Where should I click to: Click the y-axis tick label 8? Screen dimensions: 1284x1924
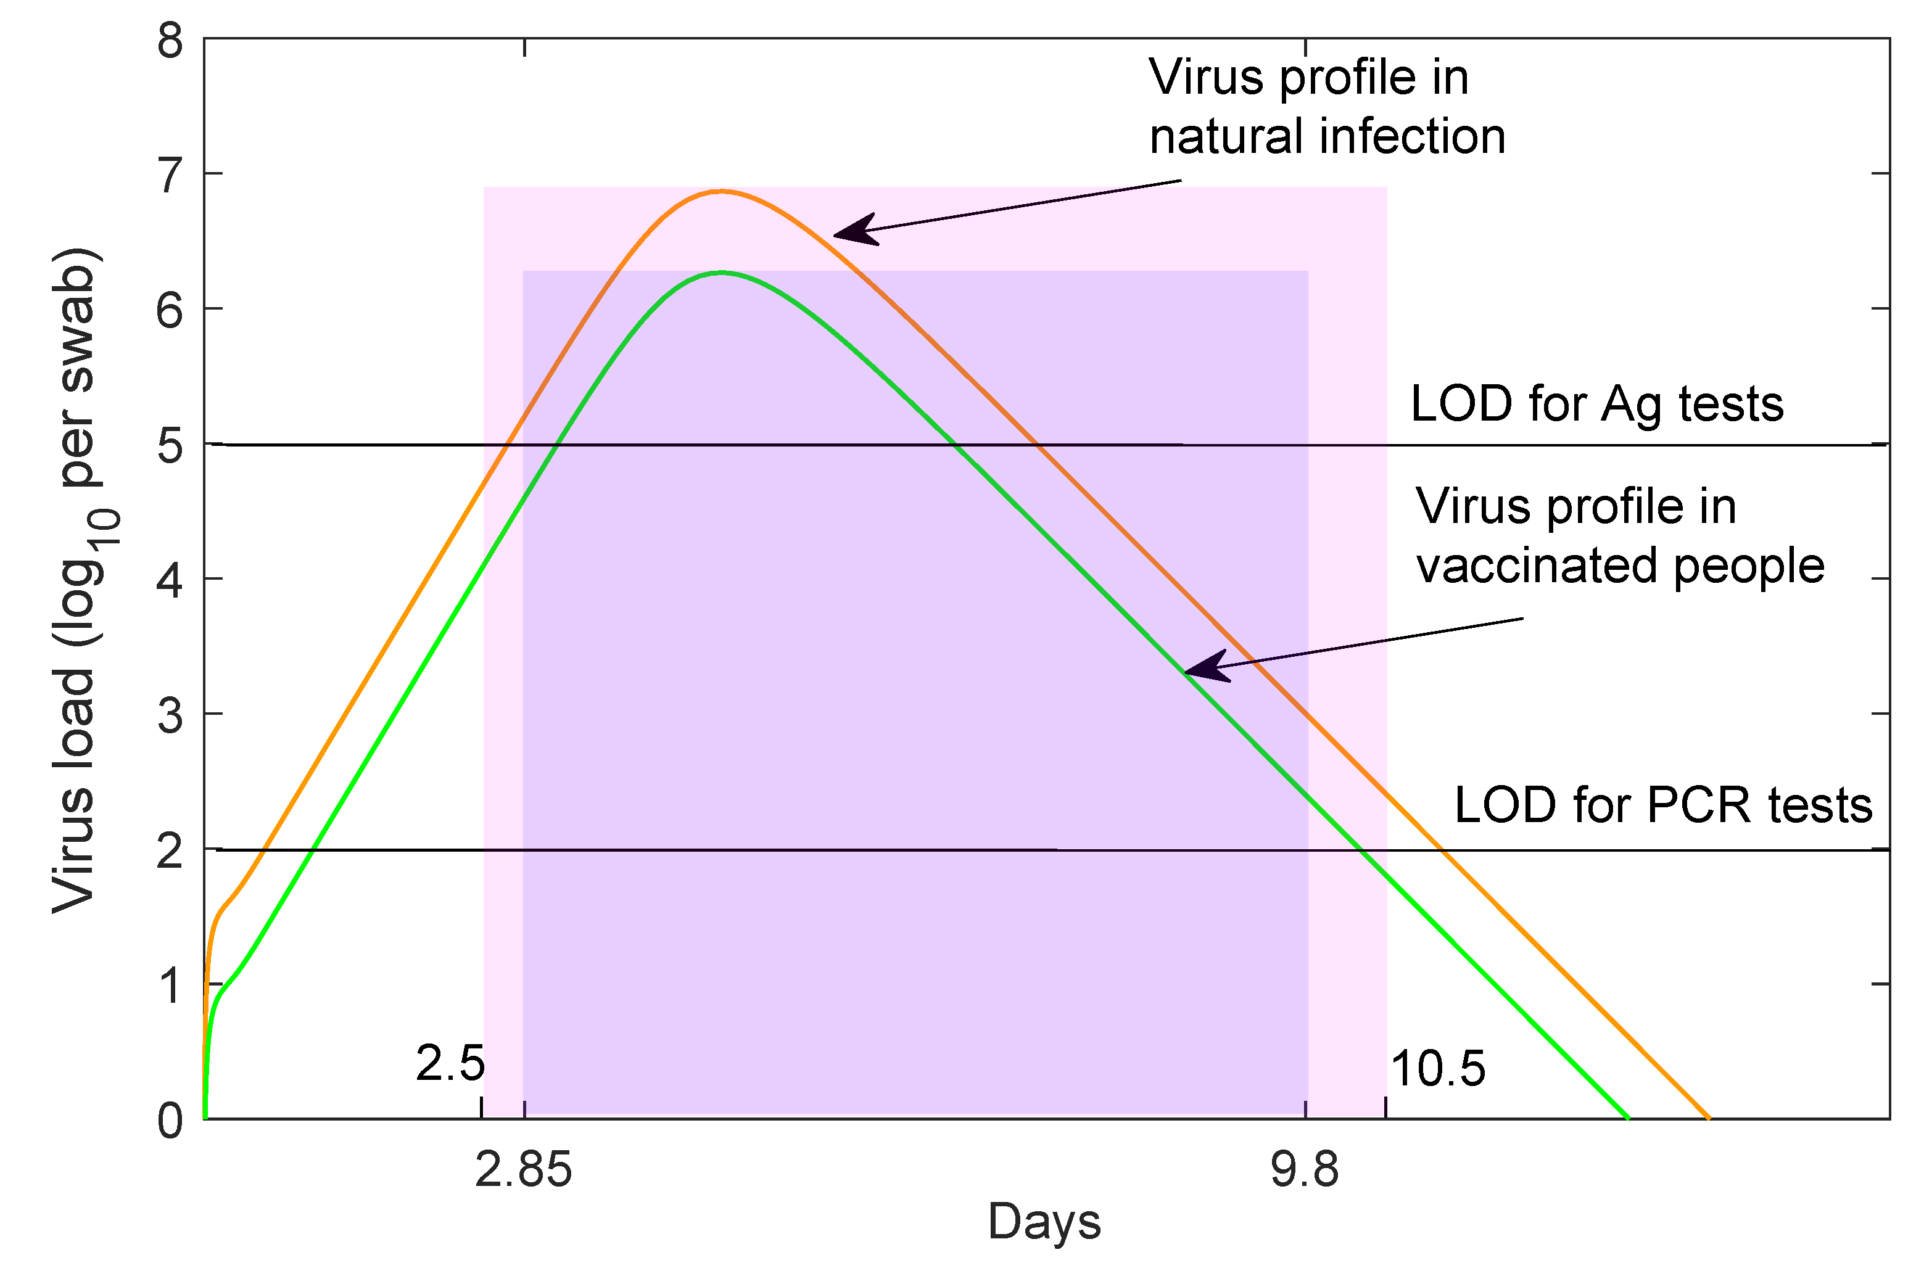coord(170,41)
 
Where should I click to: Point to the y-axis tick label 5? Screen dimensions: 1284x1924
coord(170,447)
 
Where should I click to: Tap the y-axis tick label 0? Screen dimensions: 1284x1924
coord(170,1120)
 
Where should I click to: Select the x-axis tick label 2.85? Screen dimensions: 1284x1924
coord(523,1170)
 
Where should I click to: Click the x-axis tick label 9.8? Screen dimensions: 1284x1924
coord(1305,1170)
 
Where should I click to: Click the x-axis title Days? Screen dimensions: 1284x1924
coord(1044,1222)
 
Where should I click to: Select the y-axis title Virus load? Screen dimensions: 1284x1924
coord(75,582)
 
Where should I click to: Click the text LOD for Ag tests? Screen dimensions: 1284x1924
coord(1596,405)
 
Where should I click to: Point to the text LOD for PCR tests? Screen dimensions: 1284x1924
coord(1662,806)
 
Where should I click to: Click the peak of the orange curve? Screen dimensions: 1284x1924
coord(720,192)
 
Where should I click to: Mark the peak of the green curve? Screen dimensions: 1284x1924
coord(720,273)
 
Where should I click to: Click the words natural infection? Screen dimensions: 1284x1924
coord(1327,136)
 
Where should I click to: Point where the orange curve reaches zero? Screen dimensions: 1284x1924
coord(1707,1117)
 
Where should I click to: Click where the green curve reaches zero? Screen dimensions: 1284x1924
coord(1627,1117)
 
